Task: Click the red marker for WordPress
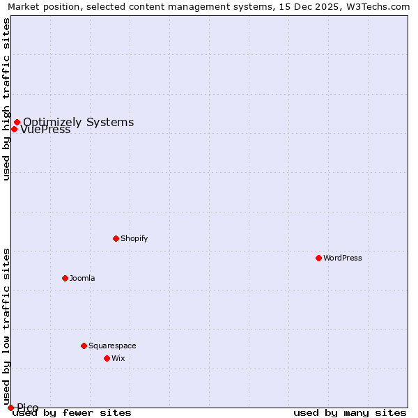click(318, 258)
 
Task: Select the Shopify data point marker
click(116, 238)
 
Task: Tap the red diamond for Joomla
click(65, 278)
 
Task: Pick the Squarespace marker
click(84, 346)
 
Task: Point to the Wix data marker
click(107, 358)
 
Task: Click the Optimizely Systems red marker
click(17, 123)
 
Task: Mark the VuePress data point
click(14, 129)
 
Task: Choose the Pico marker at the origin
click(10, 408)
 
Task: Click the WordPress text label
click(343, 258)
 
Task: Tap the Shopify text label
click(134, 238)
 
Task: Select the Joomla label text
click(82, 278)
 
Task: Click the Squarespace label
click(112, 346)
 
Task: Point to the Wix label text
click(118, 358)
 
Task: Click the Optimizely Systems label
click(79, 123)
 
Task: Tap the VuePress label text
click(46, 130)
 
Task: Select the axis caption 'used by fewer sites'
click(72, 412)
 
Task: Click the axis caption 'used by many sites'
click(350, 412)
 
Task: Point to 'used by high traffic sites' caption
click(7, 99)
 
